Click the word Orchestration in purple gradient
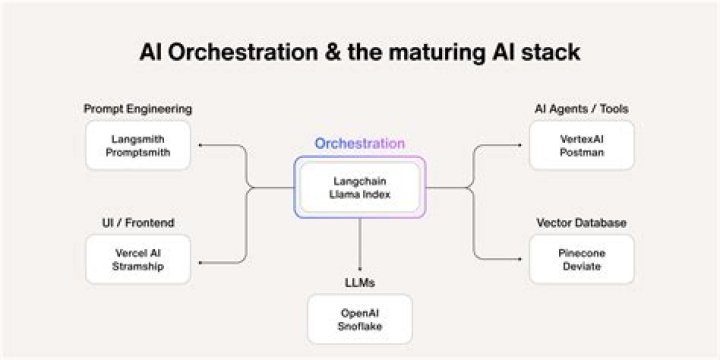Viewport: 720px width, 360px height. [x=360, y=143]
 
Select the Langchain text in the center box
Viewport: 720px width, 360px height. [x=360, y=180]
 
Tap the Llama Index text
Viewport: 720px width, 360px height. [x=360, y=194]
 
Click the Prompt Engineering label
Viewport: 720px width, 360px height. [x=138, y=108]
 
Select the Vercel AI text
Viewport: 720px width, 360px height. [x=138, y=253]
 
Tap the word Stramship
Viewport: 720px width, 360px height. [x=138, y=267]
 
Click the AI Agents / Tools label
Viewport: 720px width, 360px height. [x=581, y=108]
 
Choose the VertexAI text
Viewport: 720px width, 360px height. [x=581, y=138]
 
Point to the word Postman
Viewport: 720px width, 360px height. [x=581, y=152]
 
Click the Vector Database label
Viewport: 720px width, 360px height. [x=581, y=222]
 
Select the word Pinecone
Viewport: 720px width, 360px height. [x=581, y=253]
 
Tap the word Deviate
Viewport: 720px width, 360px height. [x=581, y=267]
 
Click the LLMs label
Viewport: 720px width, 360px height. [x=360, y=284]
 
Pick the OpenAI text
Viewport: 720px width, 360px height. [x=360, y=313]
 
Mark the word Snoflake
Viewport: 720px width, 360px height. [x=360, y=327]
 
